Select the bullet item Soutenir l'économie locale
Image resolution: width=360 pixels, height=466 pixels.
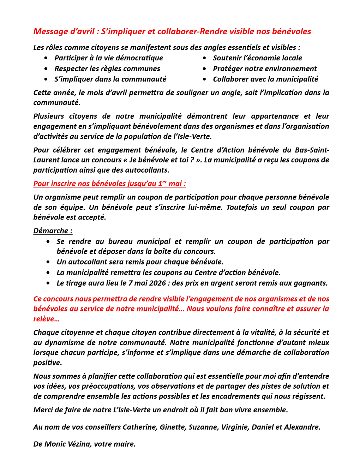click(257, 58)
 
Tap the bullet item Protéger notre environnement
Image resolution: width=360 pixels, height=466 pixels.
click(264, 68)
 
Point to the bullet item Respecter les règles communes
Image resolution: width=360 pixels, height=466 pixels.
click(107, 68)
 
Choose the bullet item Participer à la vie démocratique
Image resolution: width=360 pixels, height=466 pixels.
click(108, 58)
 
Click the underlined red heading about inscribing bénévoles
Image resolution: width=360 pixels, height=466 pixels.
click(109, 184)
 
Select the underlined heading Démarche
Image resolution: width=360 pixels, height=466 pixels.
click(53, 231)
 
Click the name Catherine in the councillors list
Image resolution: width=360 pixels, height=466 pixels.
click(139, 427)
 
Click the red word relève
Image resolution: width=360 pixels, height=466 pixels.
click(44, 319)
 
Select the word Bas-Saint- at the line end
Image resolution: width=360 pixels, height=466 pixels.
click(312, 150)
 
